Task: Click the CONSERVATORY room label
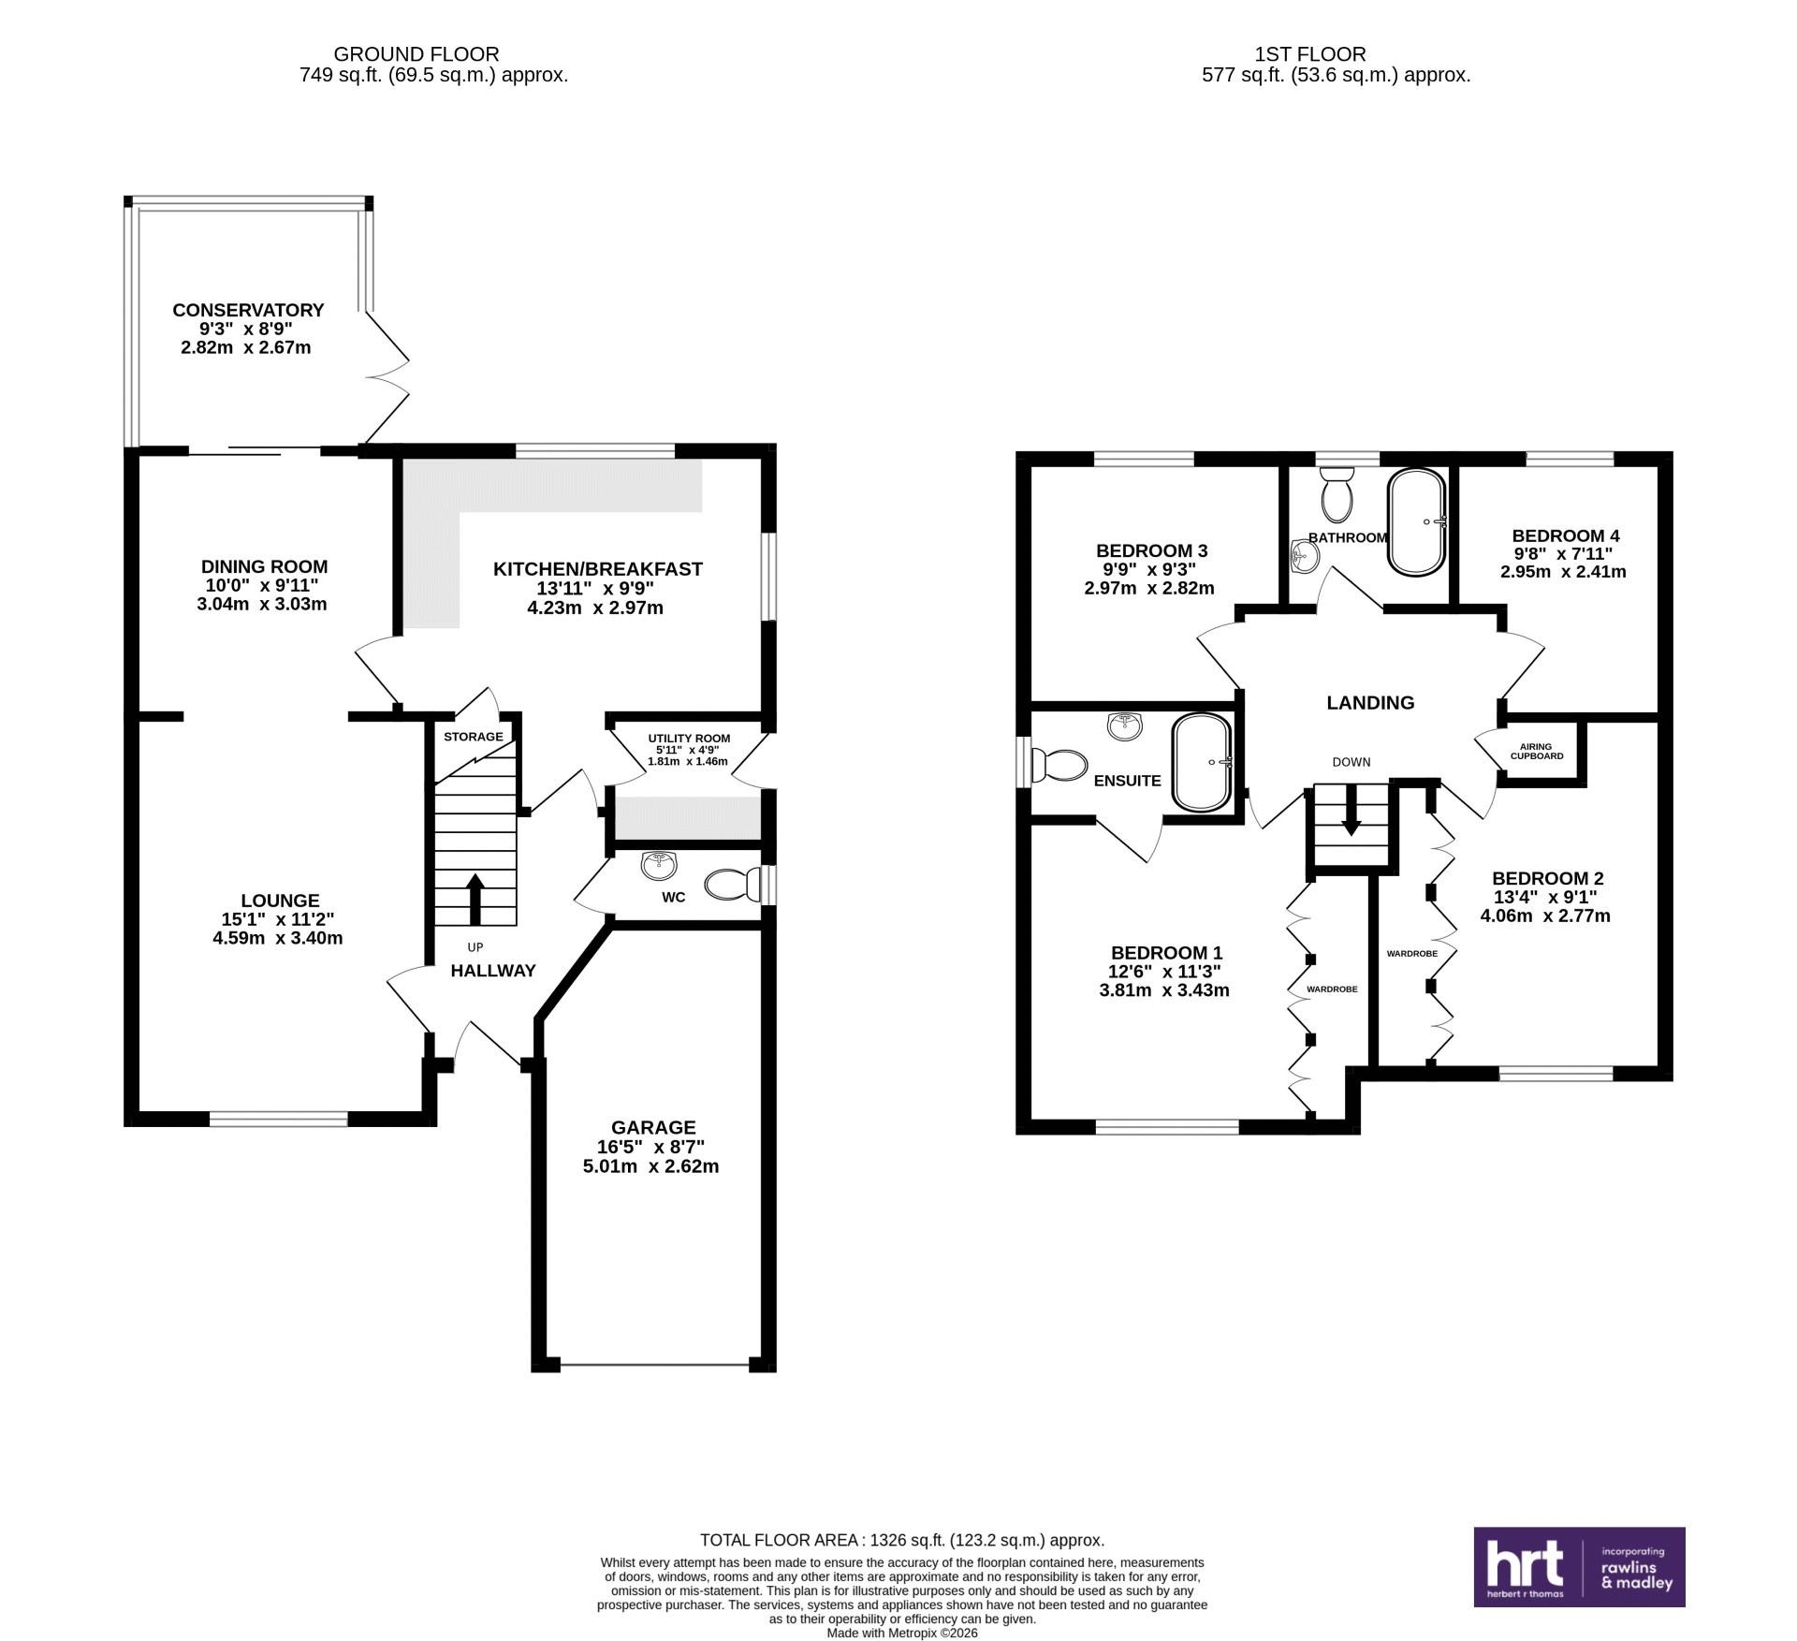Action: tap(248, 310)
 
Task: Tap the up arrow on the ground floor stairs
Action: tap(475, 900)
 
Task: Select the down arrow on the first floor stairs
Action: tap(1351, 810)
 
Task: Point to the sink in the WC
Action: tap(661, 865)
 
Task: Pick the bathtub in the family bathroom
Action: tap(1417, 521)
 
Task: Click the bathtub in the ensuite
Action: tap(1204, 763)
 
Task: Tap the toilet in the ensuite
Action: tap(1058, 766)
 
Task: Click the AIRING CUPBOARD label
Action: tap(1536, 751)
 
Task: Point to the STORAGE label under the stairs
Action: tap(473, 737)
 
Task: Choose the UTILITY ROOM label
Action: tap(689, 739)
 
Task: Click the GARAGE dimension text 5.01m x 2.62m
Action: tap(650, 1166)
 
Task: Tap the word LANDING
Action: tap(1370, 702)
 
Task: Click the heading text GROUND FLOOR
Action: tap(416, 54)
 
